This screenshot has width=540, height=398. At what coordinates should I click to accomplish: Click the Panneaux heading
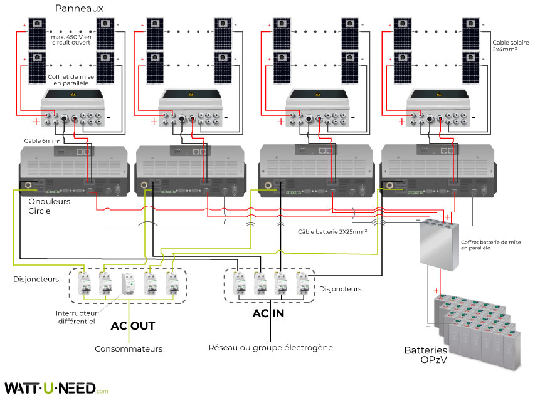point(79,8)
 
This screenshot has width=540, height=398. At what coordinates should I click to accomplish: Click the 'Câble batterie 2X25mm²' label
point(332,231)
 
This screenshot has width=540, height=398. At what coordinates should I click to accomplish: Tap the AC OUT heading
point(133,326)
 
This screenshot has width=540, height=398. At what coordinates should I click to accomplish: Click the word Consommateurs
point(129,348)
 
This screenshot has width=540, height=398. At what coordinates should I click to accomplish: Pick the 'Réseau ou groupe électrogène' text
point(270,347)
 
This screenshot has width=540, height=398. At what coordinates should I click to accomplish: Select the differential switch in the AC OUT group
point(129,285)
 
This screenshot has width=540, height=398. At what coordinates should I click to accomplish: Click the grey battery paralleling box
point(438,244)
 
